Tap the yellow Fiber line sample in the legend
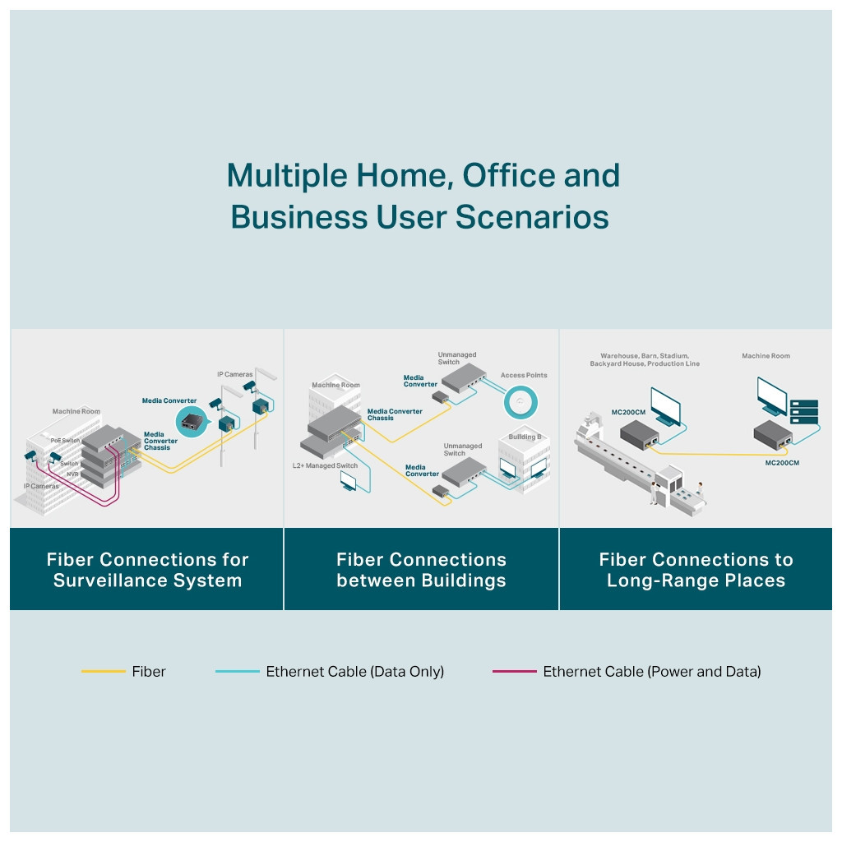(103, 672)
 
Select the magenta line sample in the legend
(514, 672)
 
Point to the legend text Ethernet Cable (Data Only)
(354, 672)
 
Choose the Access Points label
(524, 375)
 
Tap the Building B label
(523, 437)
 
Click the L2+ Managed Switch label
(325, 466)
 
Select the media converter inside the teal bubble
(192, 424)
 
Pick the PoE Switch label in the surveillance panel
(65, 441)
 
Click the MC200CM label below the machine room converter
(781, 463)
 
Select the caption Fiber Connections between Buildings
(421, 570)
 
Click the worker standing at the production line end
(655, 492)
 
